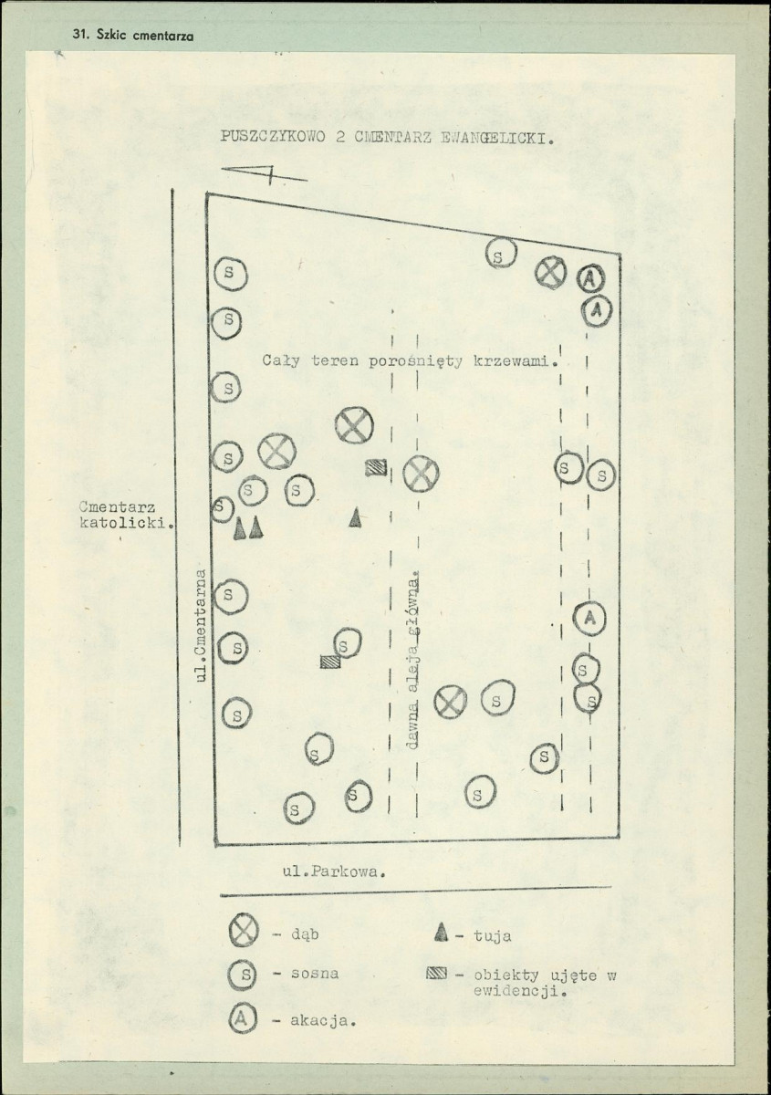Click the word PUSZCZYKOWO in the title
272,136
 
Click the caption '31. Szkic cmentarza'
133,36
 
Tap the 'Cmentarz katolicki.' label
126,515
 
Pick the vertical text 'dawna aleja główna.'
413,659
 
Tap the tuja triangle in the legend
442,932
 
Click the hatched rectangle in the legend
436,974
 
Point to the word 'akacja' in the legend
321,1021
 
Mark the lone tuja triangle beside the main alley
356,517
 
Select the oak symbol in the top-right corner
550,272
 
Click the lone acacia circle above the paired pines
590,619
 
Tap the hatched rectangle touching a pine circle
330,662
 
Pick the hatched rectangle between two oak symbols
377,468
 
